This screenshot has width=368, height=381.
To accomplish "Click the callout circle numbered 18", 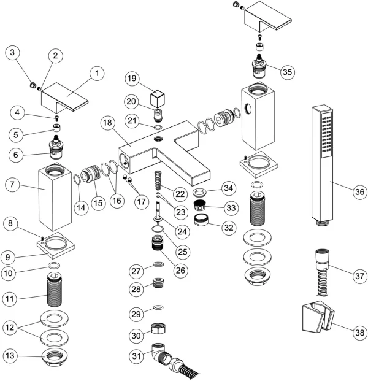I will (107, 124).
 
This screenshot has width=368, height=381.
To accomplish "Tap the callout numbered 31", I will (137, 355).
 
